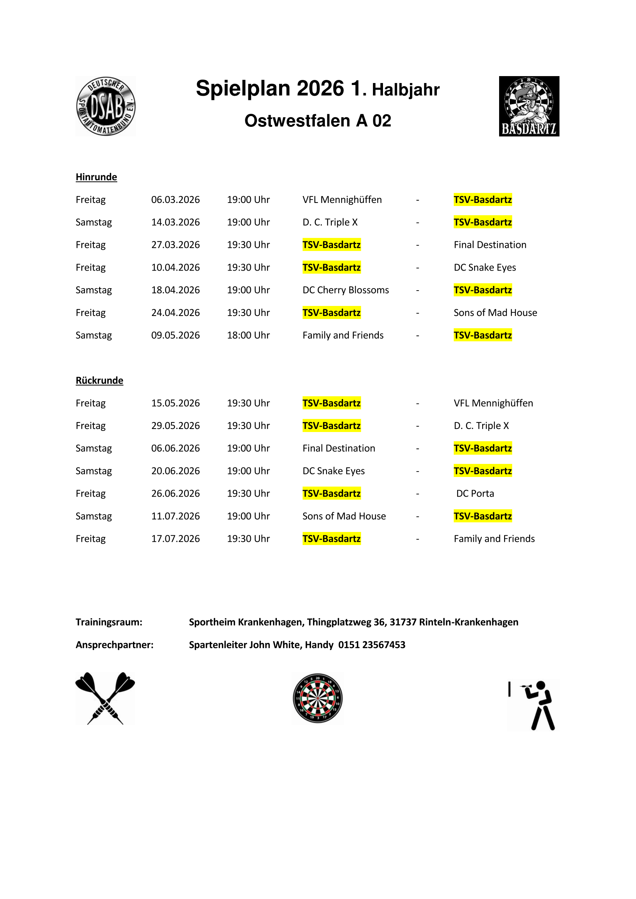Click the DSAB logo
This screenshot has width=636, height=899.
[106, 106]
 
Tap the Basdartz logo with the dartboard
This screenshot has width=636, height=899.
[529, 106]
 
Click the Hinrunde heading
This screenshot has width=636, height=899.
[97, 177]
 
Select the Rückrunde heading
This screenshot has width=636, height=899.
[100, 381]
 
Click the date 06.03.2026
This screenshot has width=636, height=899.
[175, 200]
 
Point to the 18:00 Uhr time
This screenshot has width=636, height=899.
[248, 335]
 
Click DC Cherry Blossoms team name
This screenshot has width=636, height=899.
[345, 290]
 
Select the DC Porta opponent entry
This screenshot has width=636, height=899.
[475, 494]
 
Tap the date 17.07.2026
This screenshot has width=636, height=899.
[175, 539]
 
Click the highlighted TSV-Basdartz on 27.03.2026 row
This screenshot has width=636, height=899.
[331, 245]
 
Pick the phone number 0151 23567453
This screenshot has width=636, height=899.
[372, 645]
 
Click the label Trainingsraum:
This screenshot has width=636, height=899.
[109, 622]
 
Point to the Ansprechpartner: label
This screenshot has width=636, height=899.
[114, 645]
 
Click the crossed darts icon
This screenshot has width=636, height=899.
[105, 698]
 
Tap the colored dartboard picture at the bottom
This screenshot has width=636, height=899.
[318, 698]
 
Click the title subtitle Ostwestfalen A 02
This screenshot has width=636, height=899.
[318, 121]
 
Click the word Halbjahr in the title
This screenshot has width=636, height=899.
[405, 90]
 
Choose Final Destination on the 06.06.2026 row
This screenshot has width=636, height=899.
[339, 448]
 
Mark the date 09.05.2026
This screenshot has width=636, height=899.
[175, 335]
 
